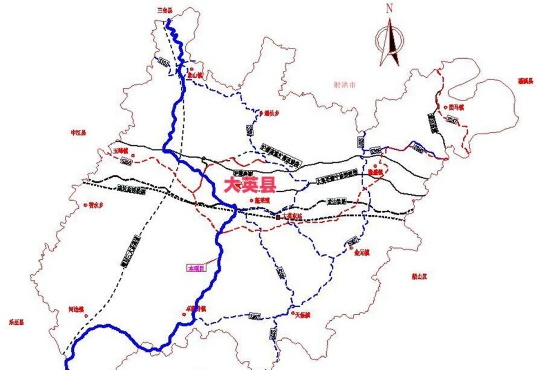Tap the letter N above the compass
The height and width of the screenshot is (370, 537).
pyautogui.click(x=390, y=9)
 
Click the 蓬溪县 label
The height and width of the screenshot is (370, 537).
pyautogui.click(x=525, y=81)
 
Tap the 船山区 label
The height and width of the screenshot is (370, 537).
pyautogui.click(x=419, y=276)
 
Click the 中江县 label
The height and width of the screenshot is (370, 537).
pyautogui.click(x=78, y=132)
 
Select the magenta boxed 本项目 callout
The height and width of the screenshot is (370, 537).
pyautogui.click(x=196, y=268)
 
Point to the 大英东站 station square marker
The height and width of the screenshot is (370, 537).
pyautogui.click(x=278, y=216)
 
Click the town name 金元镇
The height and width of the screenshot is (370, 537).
pyautogui.click(x=362, y=252)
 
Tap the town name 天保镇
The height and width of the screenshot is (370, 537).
pyautogui.click(x=301, y=315)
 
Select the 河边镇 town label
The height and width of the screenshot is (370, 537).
pyautogui.click(x=76, y=309)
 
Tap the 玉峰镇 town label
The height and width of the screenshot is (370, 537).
pyautogui.click(x=120, y=151)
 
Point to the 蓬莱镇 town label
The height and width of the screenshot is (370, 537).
pyautogui.click(x=262, y=200)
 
